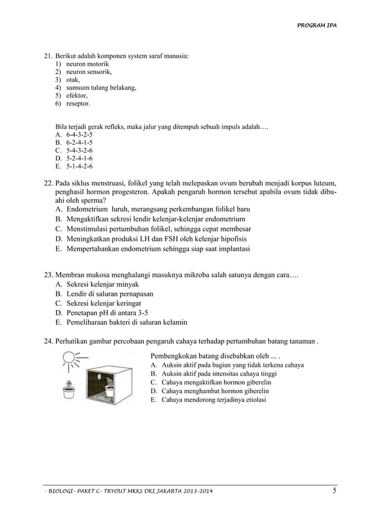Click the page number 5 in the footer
point(335,490)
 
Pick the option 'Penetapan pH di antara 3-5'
point(107,313)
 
